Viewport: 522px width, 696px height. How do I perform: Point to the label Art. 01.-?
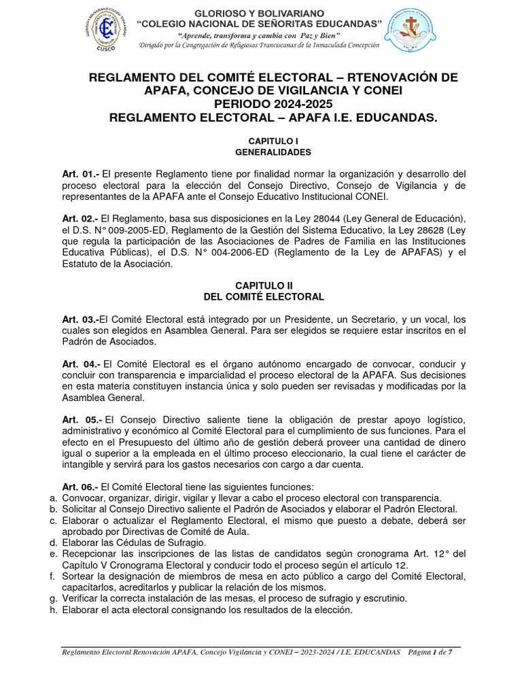tap(80, 175)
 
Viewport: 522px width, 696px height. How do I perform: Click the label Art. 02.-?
tap(80, 218)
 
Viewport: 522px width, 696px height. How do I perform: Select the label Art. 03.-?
tap(80, 319)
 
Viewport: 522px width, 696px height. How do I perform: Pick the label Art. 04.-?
tap(80, 364)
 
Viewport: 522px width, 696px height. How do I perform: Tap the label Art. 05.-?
tap(81, 419)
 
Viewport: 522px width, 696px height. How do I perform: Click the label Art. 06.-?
tap(80, 487)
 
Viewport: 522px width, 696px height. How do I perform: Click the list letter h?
tap(53, 610)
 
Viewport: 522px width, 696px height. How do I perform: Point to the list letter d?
tap(53, 542)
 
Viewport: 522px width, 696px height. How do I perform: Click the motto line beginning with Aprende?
tap(259, 35)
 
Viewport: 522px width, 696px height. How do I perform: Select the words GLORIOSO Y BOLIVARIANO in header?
tap(259, 13)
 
